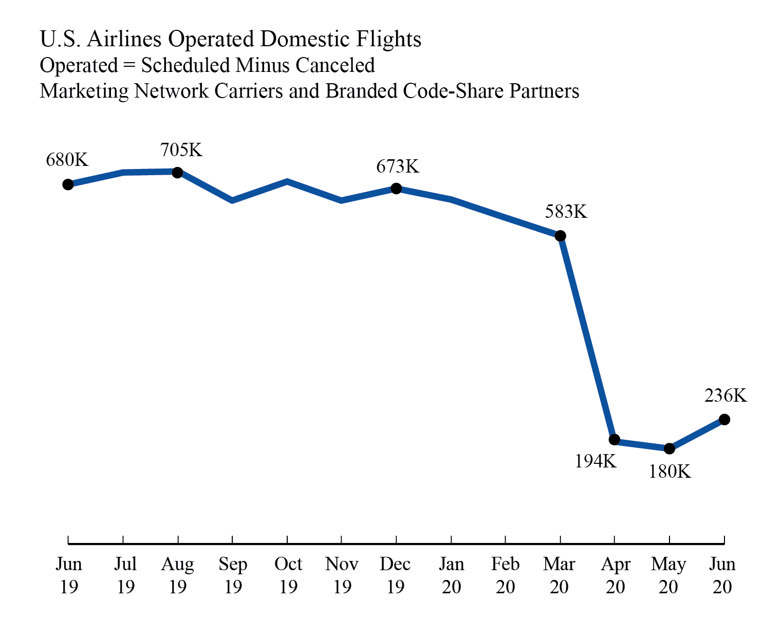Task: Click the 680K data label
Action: [x=67, y=160]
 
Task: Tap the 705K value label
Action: [x=181, y=150]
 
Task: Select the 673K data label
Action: [x=398, y=166]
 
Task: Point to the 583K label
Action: [x=566, y=212]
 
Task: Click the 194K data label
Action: [x=596, y=462]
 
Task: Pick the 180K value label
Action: [x=670, y=472]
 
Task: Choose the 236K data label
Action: [x=726, y=396]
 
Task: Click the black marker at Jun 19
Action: [x=68, y=184]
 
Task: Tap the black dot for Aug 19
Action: [x=177, y=173]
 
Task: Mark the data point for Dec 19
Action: [x=396, y=189]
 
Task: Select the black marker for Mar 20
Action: [x=561, y=236]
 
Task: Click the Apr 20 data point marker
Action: [x=615, y=440]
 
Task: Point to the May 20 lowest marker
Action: [x=669, y=448]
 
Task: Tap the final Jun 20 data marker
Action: [x=724, y=420]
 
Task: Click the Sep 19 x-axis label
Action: [x=233, y=575]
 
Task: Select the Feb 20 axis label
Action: [x=505, y=575]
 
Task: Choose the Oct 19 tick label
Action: [x=288, y=575]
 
